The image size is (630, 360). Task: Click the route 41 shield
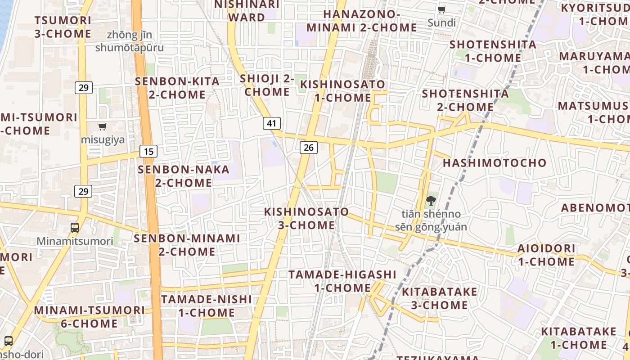click(271, 123)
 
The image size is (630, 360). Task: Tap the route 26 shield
click(309, 147)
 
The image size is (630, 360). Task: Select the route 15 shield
click(148, 151)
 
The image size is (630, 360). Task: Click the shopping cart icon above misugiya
click(103, 127)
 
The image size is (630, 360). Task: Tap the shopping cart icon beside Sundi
click(442, 10)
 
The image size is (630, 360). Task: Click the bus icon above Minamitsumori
click(75, 228)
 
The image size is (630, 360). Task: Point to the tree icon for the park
click(431, 201)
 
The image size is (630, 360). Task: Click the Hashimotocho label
click(495, 163)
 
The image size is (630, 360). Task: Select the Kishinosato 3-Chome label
click(306, 218)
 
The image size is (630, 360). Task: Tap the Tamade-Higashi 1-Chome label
click(342, 281)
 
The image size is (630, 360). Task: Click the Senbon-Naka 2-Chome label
click(184, 176)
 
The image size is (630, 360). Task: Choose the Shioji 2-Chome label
click(267, 85)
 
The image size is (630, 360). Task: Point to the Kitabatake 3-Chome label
click(439, 298)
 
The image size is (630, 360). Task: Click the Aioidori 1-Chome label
click(546, 255)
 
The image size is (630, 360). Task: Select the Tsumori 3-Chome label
click(63, 27)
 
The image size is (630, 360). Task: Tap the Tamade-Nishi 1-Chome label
click(207, 306)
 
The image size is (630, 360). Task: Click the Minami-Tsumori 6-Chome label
click(90, 317)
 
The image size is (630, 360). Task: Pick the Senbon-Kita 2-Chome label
click(177, 88)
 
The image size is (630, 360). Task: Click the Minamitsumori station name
click(75, 241)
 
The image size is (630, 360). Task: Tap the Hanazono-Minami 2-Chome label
click(362, 21)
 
